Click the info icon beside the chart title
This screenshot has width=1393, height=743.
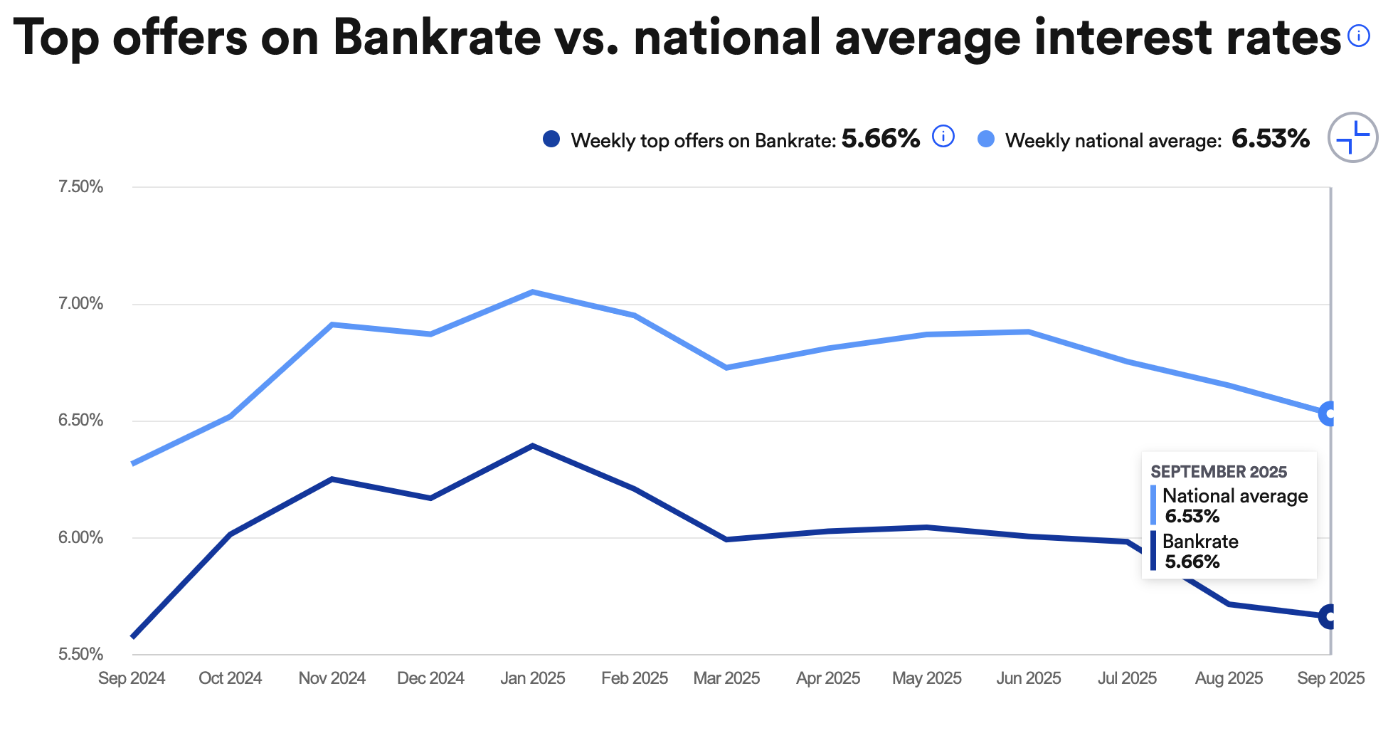tap(1358, 36)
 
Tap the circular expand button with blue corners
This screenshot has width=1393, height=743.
tap(1352, 137)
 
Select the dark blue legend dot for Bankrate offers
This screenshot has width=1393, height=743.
tap(551, 139)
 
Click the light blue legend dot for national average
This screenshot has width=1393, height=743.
tap(986, 139)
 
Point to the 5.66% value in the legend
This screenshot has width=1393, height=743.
tap(880, 139)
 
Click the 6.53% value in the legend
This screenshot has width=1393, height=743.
tap(1270, 139)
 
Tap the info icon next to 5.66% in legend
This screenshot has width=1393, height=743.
tap(943, 136)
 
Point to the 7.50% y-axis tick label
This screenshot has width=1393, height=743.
tap(80, 187)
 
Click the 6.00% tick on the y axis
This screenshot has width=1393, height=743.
tap(80, 538)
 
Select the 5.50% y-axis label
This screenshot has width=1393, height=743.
tap(80, 654)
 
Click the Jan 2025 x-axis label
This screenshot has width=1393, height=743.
tap(532, 678)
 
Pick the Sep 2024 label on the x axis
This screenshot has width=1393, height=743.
tap(132, 678)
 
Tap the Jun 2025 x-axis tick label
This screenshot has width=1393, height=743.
tap(1028, 678)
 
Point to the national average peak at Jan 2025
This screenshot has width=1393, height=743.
tap(532, 292)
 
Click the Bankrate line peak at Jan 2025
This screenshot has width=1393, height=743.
tap(532, 446)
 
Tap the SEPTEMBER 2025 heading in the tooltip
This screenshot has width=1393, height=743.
tap(1219, 472)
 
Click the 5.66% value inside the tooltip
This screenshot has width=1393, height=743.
tap(1192, 562)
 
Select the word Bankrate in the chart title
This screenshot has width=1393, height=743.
tap(437, 37)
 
